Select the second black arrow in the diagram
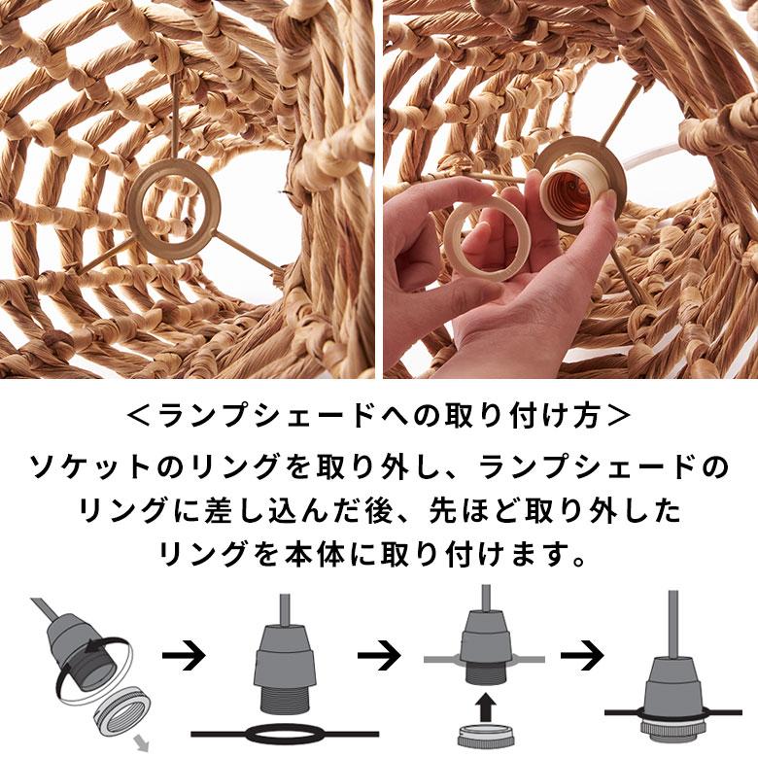379,656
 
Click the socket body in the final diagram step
670,671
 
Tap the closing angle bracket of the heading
618,417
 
